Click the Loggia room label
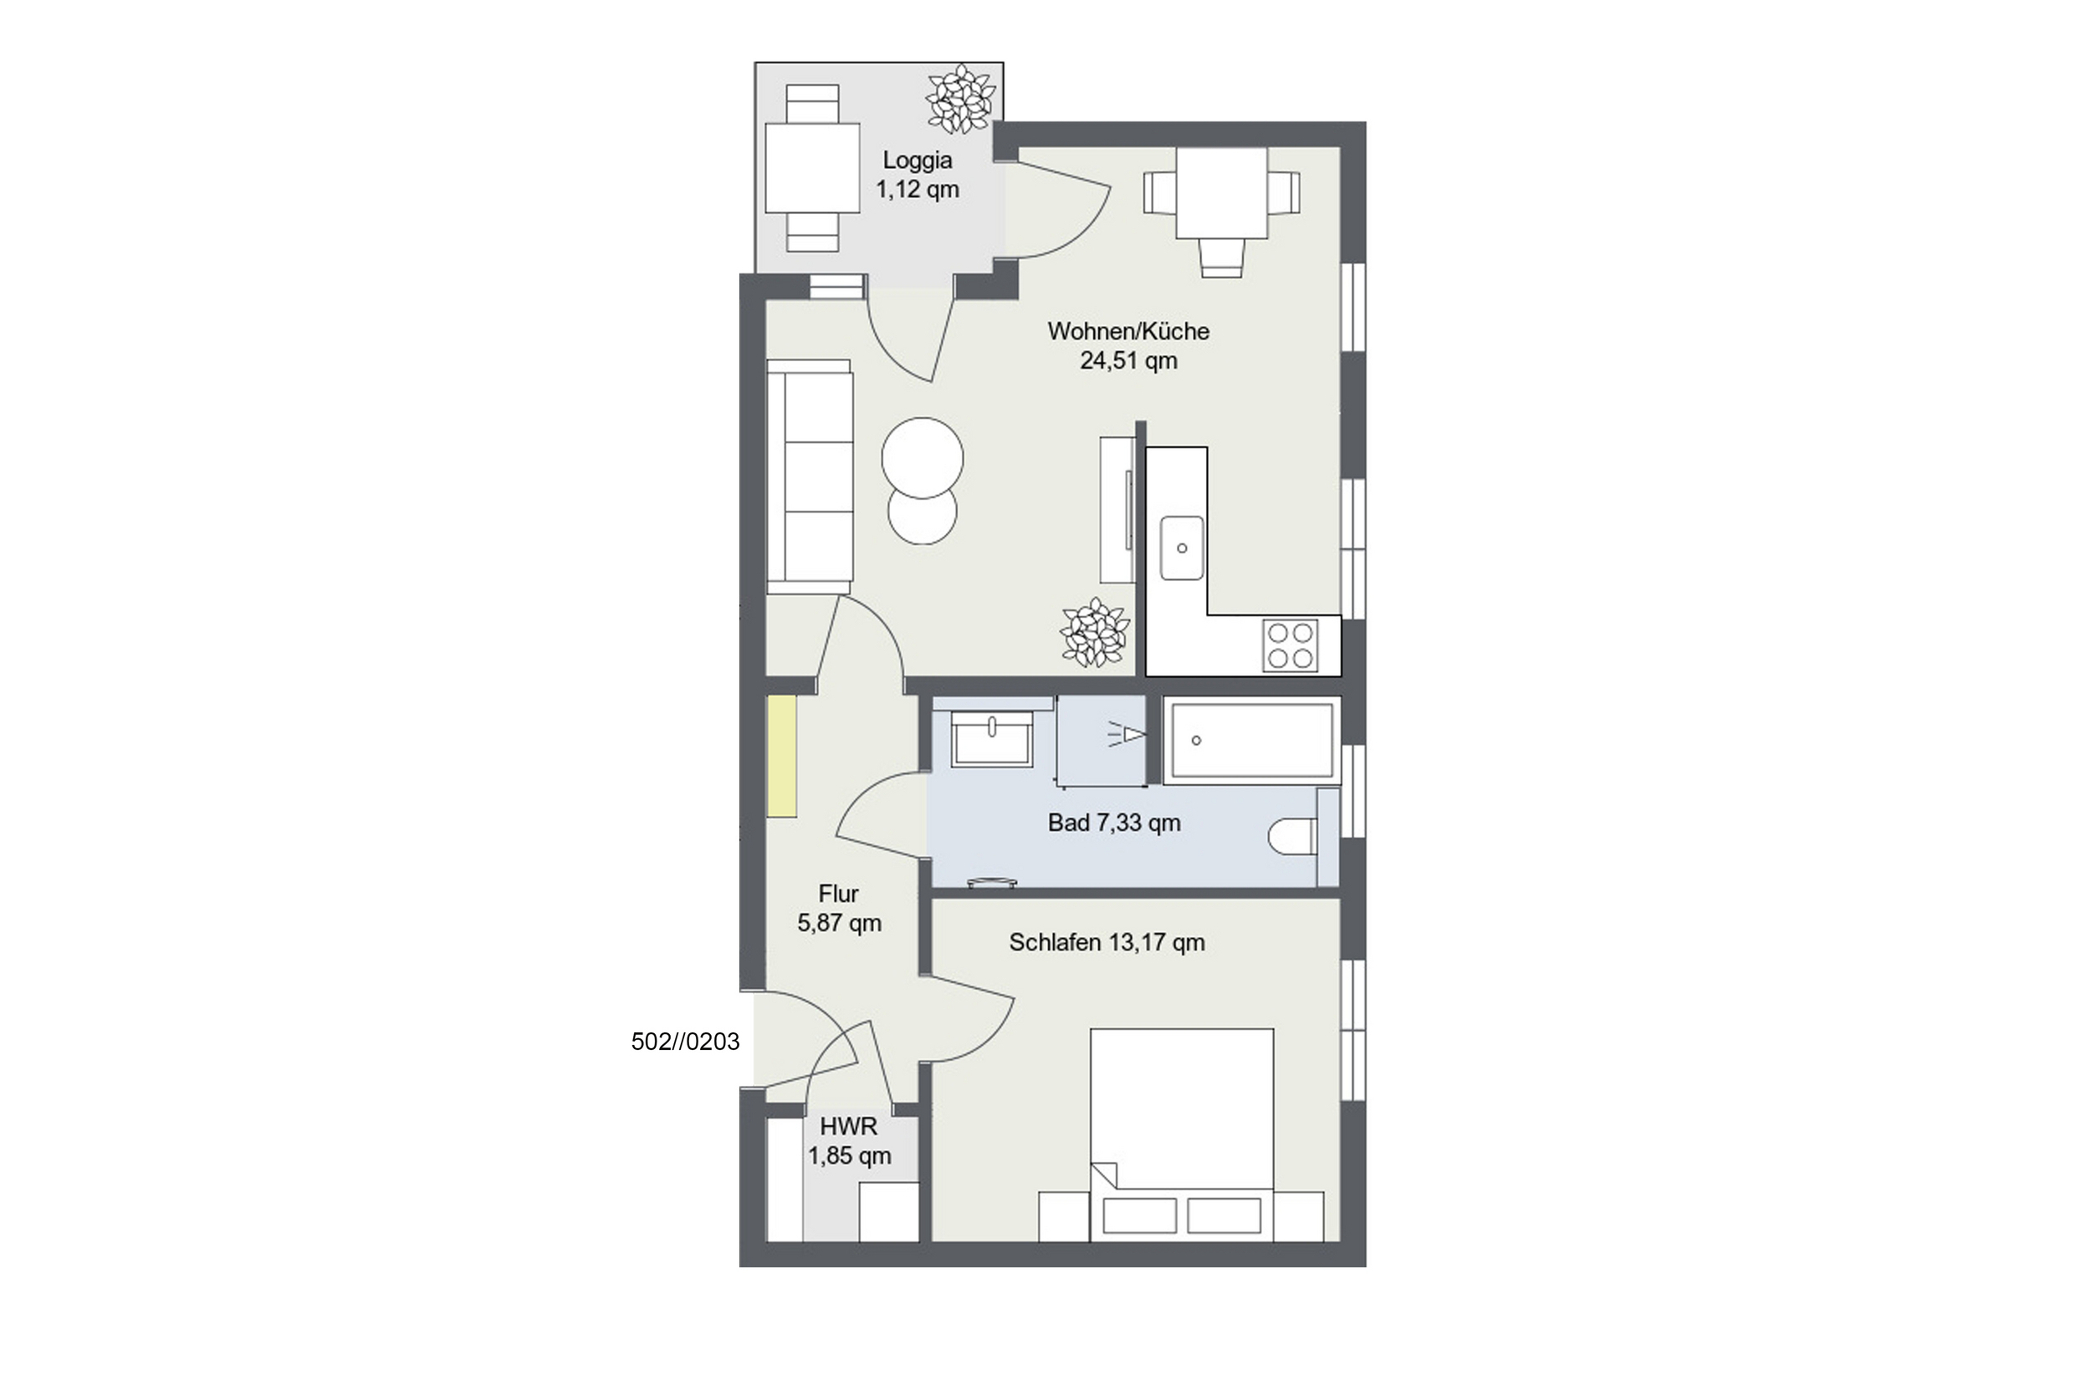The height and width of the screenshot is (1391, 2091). point(917,175)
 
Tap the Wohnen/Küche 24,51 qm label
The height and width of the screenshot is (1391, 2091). point(1128,345)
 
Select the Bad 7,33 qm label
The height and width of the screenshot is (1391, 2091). point(1114,823)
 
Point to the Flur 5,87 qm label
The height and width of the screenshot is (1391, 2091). point(839,908)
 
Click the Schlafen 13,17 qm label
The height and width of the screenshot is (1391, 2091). point(1107,942)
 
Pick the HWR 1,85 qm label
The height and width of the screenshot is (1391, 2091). point(849,1141)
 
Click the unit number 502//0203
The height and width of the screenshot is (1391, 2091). point(685,1042)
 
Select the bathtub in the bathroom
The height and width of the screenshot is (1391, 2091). point(1251,741)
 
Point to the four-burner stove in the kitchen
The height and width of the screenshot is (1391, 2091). point(1290,645)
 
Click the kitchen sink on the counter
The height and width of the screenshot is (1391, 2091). point(1182,548)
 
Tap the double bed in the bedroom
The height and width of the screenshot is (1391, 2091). point(1181,1134)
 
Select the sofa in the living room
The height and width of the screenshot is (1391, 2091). point(810,476)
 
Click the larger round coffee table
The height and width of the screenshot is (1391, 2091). point(923,458)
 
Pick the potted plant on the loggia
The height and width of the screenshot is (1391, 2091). point(960,99)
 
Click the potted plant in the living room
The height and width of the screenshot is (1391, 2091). point(1095,633)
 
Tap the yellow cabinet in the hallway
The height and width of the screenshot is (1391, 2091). point(782,756)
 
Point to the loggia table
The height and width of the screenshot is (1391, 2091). point(812,169)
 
